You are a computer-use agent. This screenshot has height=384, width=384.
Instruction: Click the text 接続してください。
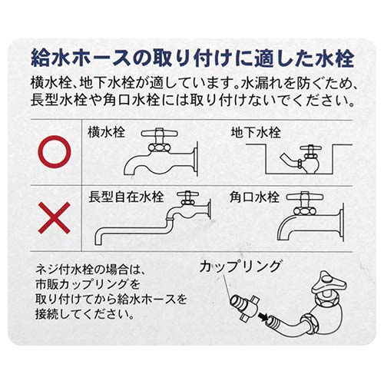(87, 314)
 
